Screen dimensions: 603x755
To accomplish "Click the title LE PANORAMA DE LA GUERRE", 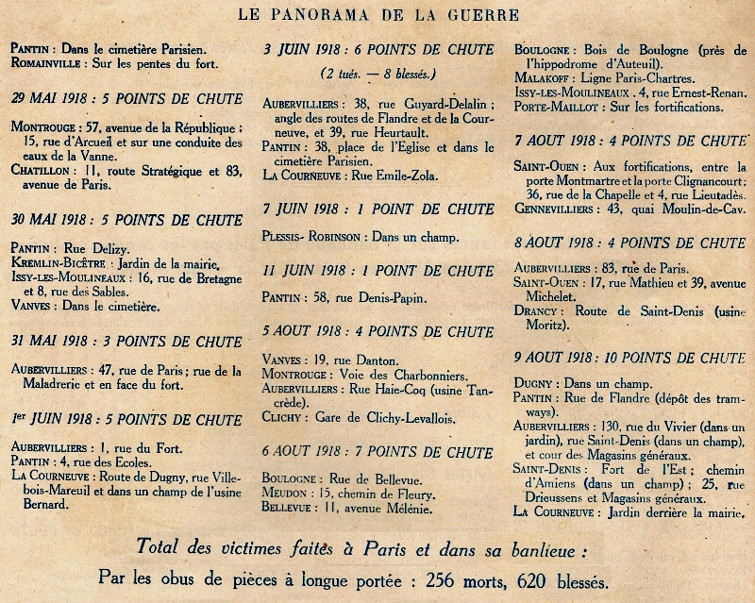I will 377,14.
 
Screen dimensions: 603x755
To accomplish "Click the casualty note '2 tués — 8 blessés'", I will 377,73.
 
